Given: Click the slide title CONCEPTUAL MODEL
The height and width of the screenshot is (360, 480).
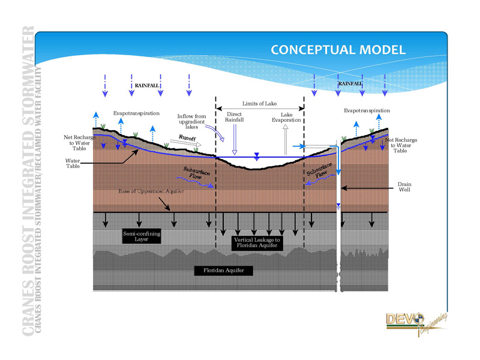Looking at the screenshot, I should tap(338, 50).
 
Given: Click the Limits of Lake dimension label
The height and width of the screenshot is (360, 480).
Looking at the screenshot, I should tap(259, 104).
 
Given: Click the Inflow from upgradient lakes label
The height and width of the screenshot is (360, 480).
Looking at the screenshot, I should tap(192, 121).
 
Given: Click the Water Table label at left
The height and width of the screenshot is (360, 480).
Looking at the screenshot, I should tap(73, 163).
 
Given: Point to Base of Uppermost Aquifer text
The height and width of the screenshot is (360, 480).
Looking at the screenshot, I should tap(151, 191).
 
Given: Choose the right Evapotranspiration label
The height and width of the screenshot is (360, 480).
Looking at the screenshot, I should tap(367, 110).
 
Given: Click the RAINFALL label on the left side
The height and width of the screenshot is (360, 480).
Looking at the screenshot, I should tap(146, 86).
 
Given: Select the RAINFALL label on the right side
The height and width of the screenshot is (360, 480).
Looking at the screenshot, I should tap(349, 83).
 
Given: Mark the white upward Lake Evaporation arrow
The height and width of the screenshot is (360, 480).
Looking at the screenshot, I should tap(286, 139).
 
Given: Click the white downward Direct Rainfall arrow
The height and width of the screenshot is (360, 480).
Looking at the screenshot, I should tap(235, 141).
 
